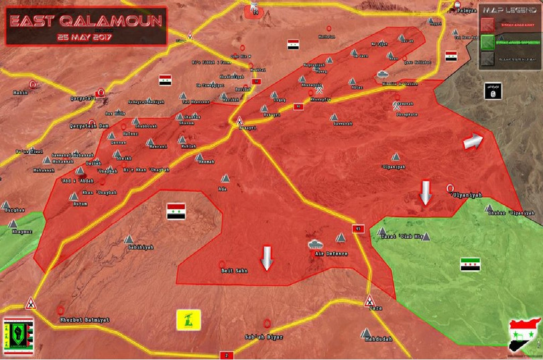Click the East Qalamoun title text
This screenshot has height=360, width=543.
pyautogui.click(x=85, y=21)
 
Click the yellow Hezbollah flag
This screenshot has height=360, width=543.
pyautogui.click(x=188, y=319)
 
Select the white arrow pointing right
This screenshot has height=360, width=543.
pyautogui.click(x=473, y=141)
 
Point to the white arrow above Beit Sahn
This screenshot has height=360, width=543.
pyautogui.click(x=266, y=257)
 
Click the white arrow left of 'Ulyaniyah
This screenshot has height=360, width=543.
pyautogui.click(x=425, y=192)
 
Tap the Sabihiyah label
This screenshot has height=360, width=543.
pyautogui.click(x=140, y=247)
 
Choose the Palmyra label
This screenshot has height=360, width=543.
pyautogui.click(x=469, y=11)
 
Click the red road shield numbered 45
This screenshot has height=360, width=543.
pyautogui.click(x=358, y=229)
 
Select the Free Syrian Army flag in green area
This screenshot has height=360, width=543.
pyautogui.click(x=469, y=264)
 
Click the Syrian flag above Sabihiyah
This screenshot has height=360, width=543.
pyautogui.click(x=176, y=211)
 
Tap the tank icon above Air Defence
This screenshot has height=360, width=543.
pyautogui.click(x=314, y=244)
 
